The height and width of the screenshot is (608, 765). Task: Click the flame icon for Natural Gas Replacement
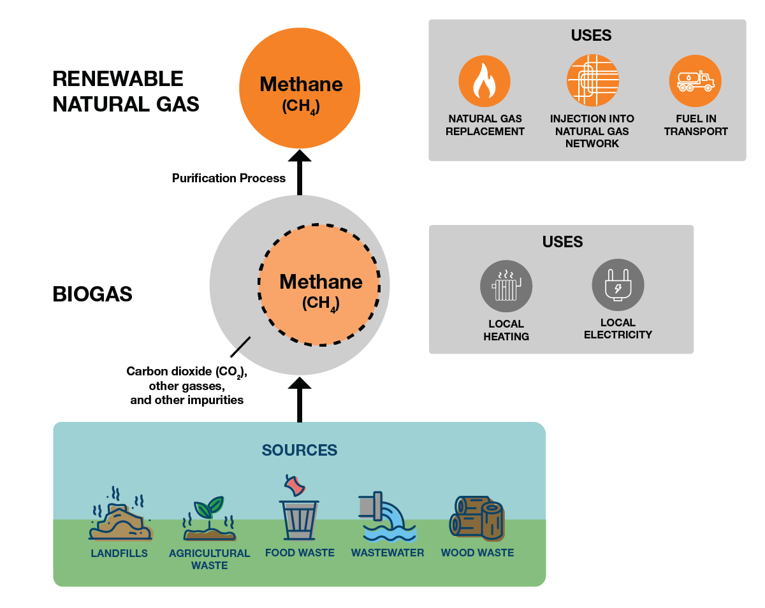click(484, 81)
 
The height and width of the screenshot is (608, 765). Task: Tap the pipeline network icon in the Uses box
click(592, 81)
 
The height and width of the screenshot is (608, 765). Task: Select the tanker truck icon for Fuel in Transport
click(695, 81)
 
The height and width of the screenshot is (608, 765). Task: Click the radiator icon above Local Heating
click(506, 286)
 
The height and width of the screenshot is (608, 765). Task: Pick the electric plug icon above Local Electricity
click(618, 285)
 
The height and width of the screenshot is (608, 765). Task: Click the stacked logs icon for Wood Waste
click(477, 517)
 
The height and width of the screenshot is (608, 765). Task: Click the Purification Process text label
click(229, 178)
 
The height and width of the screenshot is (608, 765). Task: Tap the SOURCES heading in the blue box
click(299, 451)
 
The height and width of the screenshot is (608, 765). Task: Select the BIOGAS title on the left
click(92, 294)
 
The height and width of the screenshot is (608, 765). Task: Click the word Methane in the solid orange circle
click(301, 84)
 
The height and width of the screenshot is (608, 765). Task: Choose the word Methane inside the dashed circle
click(321, 282)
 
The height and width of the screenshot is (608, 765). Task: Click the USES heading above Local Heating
click(562, 242)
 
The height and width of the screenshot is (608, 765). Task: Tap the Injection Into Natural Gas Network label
click(592, 131)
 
